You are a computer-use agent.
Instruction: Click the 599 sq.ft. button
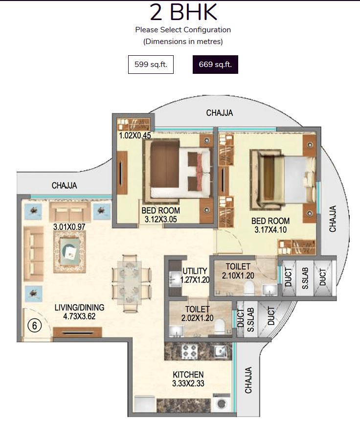point(151,65)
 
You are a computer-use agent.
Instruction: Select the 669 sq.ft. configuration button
point(215,65)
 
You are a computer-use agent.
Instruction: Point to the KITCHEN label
point(188,375)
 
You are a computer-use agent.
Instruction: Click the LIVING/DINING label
point(79,308)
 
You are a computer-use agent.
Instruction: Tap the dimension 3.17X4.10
point(270,229)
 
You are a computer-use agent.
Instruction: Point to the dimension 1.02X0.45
point(134,135)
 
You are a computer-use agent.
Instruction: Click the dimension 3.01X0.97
point(69,227)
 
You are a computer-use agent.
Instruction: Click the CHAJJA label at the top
point(219,113)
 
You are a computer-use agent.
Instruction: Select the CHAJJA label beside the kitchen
point(248,380)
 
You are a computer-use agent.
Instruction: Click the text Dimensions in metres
point(183,42)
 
